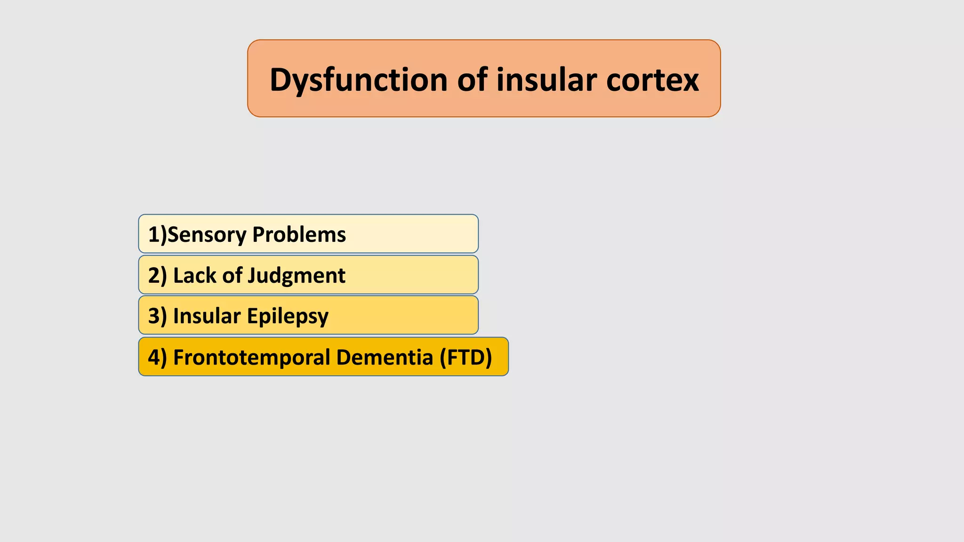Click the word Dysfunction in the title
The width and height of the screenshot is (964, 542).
click(x=358, y=80)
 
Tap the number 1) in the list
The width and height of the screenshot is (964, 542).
click(x=157, y=234)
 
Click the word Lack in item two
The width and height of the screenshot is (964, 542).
click(x=194, y=275)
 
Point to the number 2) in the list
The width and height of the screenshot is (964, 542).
click(x=157, y=275)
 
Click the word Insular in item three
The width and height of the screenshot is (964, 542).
click(x=207, y=316)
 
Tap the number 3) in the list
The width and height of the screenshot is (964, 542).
click(x=157, y=316)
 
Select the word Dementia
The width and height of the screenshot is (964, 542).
click(x=384, y=357)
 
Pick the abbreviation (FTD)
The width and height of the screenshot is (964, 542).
click(x=466, y=357)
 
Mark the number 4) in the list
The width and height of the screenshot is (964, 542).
click(x=157, y=357)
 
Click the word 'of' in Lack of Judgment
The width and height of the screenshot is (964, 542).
click(x=232, y=275)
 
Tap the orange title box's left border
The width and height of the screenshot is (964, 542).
click(x=248, y=79)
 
